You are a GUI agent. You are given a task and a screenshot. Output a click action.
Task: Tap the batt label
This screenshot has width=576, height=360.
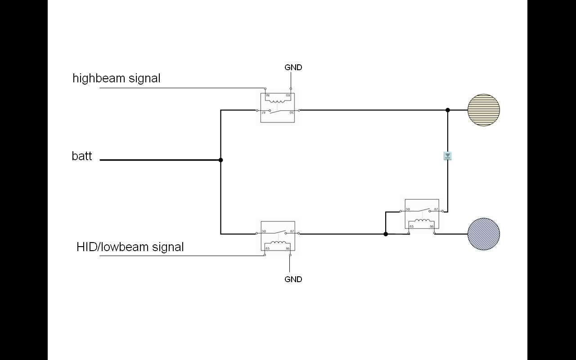tap(82, 156)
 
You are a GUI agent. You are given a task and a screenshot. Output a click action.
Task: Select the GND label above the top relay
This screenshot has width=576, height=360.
tap(293, 67)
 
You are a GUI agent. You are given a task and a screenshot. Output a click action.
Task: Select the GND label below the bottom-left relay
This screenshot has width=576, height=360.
tap(293, 279)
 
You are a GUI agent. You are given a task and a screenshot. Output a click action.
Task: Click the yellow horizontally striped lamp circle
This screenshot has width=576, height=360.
tap(484, 110)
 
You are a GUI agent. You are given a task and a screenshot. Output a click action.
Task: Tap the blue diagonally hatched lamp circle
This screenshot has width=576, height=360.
tap(484, 234)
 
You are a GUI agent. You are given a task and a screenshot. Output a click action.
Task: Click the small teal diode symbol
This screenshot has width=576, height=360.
tap(448, 156)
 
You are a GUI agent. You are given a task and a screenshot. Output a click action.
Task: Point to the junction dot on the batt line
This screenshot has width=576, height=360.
tap(220, 160)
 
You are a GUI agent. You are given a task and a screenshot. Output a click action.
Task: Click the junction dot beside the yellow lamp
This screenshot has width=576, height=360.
tap(448, 110)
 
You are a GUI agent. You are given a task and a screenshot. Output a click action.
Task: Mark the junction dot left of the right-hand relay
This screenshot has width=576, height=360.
tap(386, 234)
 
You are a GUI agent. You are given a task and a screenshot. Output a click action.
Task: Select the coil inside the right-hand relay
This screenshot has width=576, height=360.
tap(422, 221)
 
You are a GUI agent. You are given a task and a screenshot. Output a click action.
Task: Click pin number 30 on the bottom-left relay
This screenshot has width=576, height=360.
tap(264, 232)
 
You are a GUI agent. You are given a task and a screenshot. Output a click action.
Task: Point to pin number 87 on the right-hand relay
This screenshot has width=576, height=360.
tap(436, 210)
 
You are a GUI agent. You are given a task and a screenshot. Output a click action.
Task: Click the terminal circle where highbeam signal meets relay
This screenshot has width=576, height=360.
tap(265, 89)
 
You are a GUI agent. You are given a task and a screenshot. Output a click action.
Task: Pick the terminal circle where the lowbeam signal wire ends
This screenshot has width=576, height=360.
tap(265, 255)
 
